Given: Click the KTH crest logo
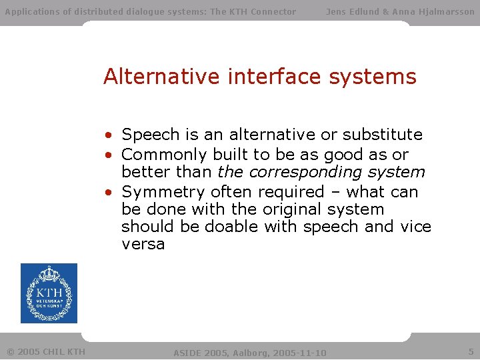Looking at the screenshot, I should [49, 293].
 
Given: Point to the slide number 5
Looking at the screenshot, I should [471, 351].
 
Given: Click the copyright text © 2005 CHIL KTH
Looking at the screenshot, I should [46, 351].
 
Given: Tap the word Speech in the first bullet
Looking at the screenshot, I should [151, 135].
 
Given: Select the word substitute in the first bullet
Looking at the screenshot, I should [383, 135].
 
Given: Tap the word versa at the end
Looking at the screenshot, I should [143, 244].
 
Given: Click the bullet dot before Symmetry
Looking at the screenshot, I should [107, 193].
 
